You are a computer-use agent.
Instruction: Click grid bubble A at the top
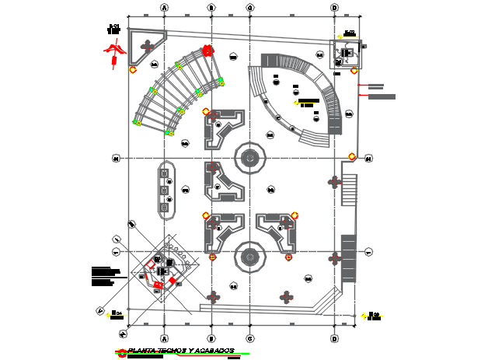pos(165,8)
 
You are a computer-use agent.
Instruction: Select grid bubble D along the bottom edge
pos(334,338)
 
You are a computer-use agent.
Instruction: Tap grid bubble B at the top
pos(211,8)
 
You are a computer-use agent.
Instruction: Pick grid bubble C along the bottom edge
pos(249,338)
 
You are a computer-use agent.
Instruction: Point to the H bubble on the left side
pos(117,159)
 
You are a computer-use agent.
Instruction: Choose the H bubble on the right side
pos(368,159)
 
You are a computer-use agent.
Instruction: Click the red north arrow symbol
pos(116,51)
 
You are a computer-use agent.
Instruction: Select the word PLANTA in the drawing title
pos(141,351)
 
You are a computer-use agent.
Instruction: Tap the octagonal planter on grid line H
pos(249,159)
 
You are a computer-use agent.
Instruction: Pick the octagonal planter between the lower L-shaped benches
pos(249,256)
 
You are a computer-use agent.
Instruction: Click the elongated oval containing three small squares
pos(166,188)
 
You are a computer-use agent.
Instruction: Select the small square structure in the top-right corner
pos(344,53)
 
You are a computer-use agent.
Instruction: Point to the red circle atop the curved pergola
pos(207,51)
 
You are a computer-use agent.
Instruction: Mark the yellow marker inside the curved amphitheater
pos(297,102)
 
